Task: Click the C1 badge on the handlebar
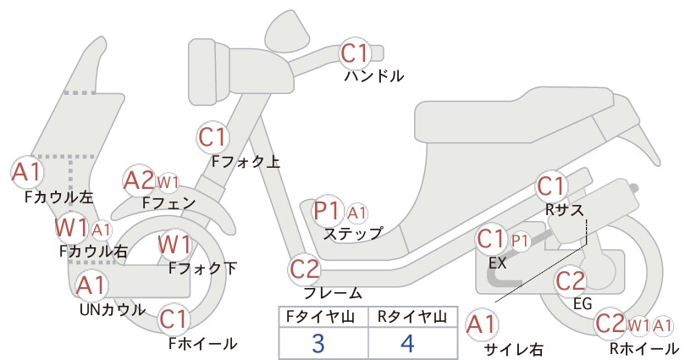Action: [x=355, y=53]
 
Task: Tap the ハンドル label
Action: [x=374, y=76]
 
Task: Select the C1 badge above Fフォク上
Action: [x=213, y=136]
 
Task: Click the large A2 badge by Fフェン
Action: [x=139, y=180]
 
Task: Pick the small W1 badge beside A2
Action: [x=168, y=182]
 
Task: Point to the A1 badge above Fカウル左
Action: [x=26, y=172]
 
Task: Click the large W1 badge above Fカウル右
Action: [x=71, y=228]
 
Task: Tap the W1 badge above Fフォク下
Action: [x=175, y=245]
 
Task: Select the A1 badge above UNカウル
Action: [x=91, y=285]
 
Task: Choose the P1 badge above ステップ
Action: [x=327, y=211]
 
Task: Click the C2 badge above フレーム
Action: [x=305, y=269]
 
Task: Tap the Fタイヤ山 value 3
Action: [x=318, y=343]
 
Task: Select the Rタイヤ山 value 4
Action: [x=407, y=343]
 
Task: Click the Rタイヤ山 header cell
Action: [x=413, y=317]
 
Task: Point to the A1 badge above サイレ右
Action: [x=482, y=324]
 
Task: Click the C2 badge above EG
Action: [x=571, y=280]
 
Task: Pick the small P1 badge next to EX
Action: [x=520, y=241]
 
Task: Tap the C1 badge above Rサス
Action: [x=551, y=186]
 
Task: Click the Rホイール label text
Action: [x=644, y=348]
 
